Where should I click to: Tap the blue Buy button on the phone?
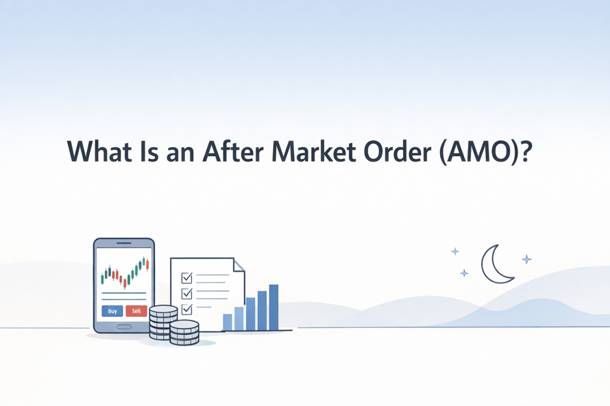tap(112, 311)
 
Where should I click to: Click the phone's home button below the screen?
tap(124, 327)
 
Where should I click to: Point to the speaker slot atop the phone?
tap(124, 243)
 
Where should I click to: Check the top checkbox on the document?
tap(186, 278)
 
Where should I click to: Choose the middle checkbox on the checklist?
tap(186, 294)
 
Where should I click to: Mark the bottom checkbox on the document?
tap(186, 309)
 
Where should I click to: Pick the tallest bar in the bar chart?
tap(274, 307)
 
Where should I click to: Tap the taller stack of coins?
tap(163, 322)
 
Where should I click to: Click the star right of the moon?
tap(526, 259)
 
